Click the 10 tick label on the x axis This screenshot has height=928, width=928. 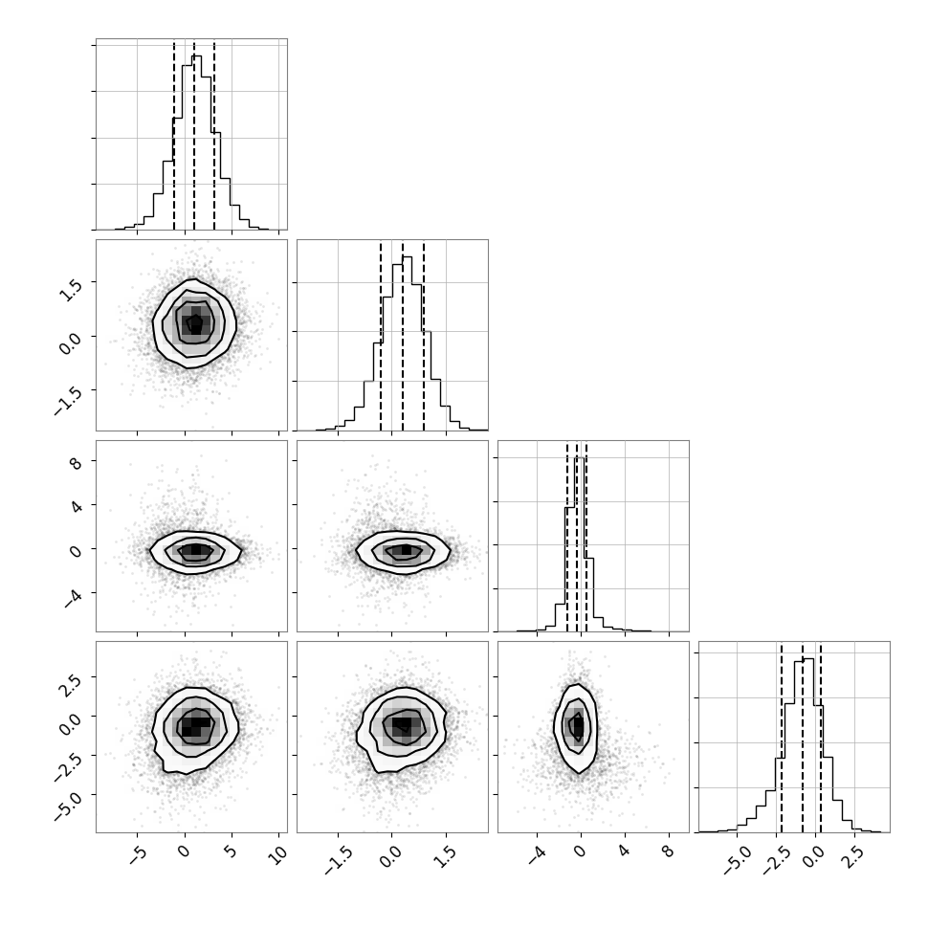(x=277, y=852)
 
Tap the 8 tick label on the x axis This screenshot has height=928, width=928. (x=668, y=851)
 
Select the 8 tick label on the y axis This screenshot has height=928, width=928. (x=76, y=463)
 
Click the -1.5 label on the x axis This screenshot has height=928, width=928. (x=338, y=860)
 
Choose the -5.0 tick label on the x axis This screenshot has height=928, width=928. (x=737, y=860)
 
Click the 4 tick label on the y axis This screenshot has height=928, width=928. (x=76, y=506)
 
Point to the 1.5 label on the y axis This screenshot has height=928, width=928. (x=71, y=290)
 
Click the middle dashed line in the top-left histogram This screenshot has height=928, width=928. (x=194, y=135)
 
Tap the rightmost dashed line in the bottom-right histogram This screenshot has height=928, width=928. (x=821, y=738)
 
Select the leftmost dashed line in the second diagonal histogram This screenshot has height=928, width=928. (x=381, y=336)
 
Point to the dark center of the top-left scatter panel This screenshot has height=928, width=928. (x=195, y=323)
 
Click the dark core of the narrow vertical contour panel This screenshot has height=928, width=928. (x=578, y=725)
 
